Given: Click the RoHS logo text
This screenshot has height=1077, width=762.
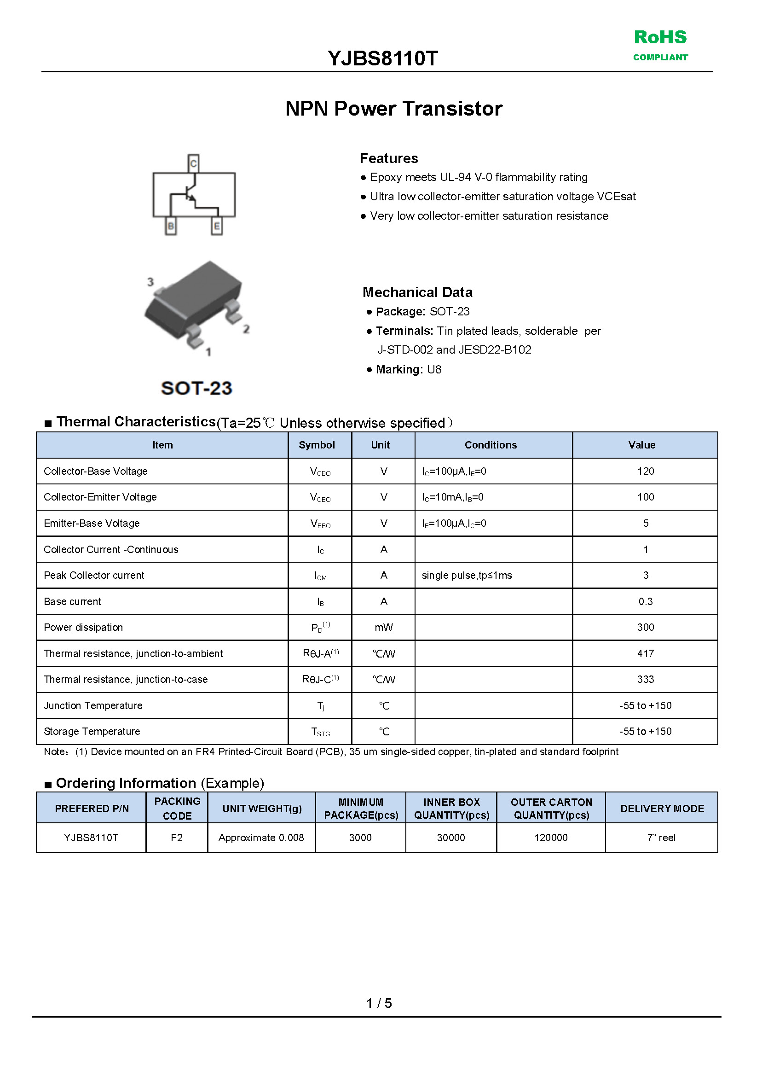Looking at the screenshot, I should (x=660, y=38).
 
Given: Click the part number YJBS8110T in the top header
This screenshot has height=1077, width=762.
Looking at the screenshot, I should (x=382, y=58).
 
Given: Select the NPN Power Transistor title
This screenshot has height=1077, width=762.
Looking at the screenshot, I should (x=394, y=109).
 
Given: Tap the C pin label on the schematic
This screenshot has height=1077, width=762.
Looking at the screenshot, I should (x=193, y=164).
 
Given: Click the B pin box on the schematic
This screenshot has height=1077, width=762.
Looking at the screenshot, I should (x=171, y=226).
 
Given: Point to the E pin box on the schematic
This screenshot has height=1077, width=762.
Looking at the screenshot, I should (x=216, y=226).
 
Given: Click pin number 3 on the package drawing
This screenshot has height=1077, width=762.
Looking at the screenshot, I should (x=150, y=282).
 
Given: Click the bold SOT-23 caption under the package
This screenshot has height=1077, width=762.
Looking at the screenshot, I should (x=196, y=388).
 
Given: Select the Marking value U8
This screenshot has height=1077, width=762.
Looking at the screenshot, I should (x=434, y=369).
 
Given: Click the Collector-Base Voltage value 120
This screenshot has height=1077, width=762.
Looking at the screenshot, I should (x=645, y=471).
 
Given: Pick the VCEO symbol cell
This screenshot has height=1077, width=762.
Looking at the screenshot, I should (x=320, y=497).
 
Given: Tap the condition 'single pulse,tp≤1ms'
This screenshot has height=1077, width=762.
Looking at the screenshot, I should (x=467, y=575).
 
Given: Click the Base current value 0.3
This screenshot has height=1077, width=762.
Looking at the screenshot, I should (x=645, y=601).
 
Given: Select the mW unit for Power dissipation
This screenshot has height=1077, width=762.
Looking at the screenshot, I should (x=383, y=627).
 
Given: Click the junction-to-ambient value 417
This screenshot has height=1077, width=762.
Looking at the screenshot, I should (x=645, y=653).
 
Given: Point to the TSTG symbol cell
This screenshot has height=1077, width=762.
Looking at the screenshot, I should (x=320, y=732).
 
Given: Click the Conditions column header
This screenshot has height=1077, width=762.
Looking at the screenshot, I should (x=491, y=445).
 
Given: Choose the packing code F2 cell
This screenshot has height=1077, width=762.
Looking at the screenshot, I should (x=176, y=838).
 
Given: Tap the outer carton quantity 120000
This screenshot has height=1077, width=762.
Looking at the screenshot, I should (x=550, y=838).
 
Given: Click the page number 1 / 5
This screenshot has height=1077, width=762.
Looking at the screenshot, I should (x=379, y=1003).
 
